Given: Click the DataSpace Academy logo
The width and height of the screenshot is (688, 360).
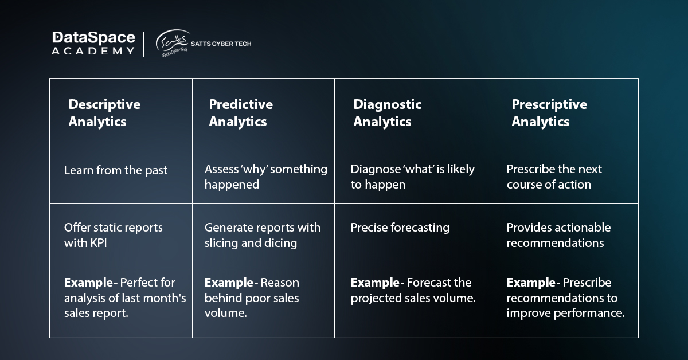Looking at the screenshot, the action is tap(93, 44).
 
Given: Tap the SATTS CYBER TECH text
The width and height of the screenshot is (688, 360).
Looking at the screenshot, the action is tap(221, 44).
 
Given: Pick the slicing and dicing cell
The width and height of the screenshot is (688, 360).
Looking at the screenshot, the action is tap(263, 235).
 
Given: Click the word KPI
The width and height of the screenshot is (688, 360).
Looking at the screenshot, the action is tap(97, 243).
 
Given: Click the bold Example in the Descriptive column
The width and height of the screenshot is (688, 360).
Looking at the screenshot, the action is tap(88, 283).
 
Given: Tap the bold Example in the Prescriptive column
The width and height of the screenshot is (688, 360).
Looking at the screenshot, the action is tap(531, 283).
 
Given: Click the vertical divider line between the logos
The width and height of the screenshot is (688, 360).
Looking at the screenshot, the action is tap(143, 44).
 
